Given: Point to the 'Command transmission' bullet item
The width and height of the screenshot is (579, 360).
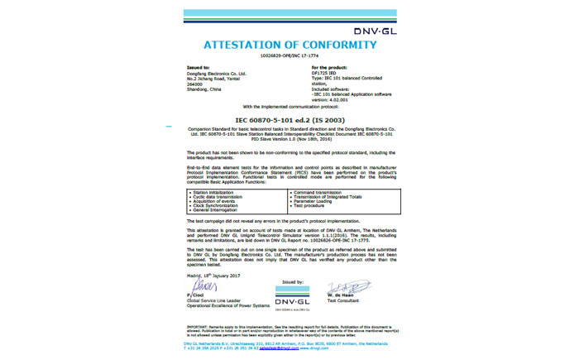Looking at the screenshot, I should click(317, 190).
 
